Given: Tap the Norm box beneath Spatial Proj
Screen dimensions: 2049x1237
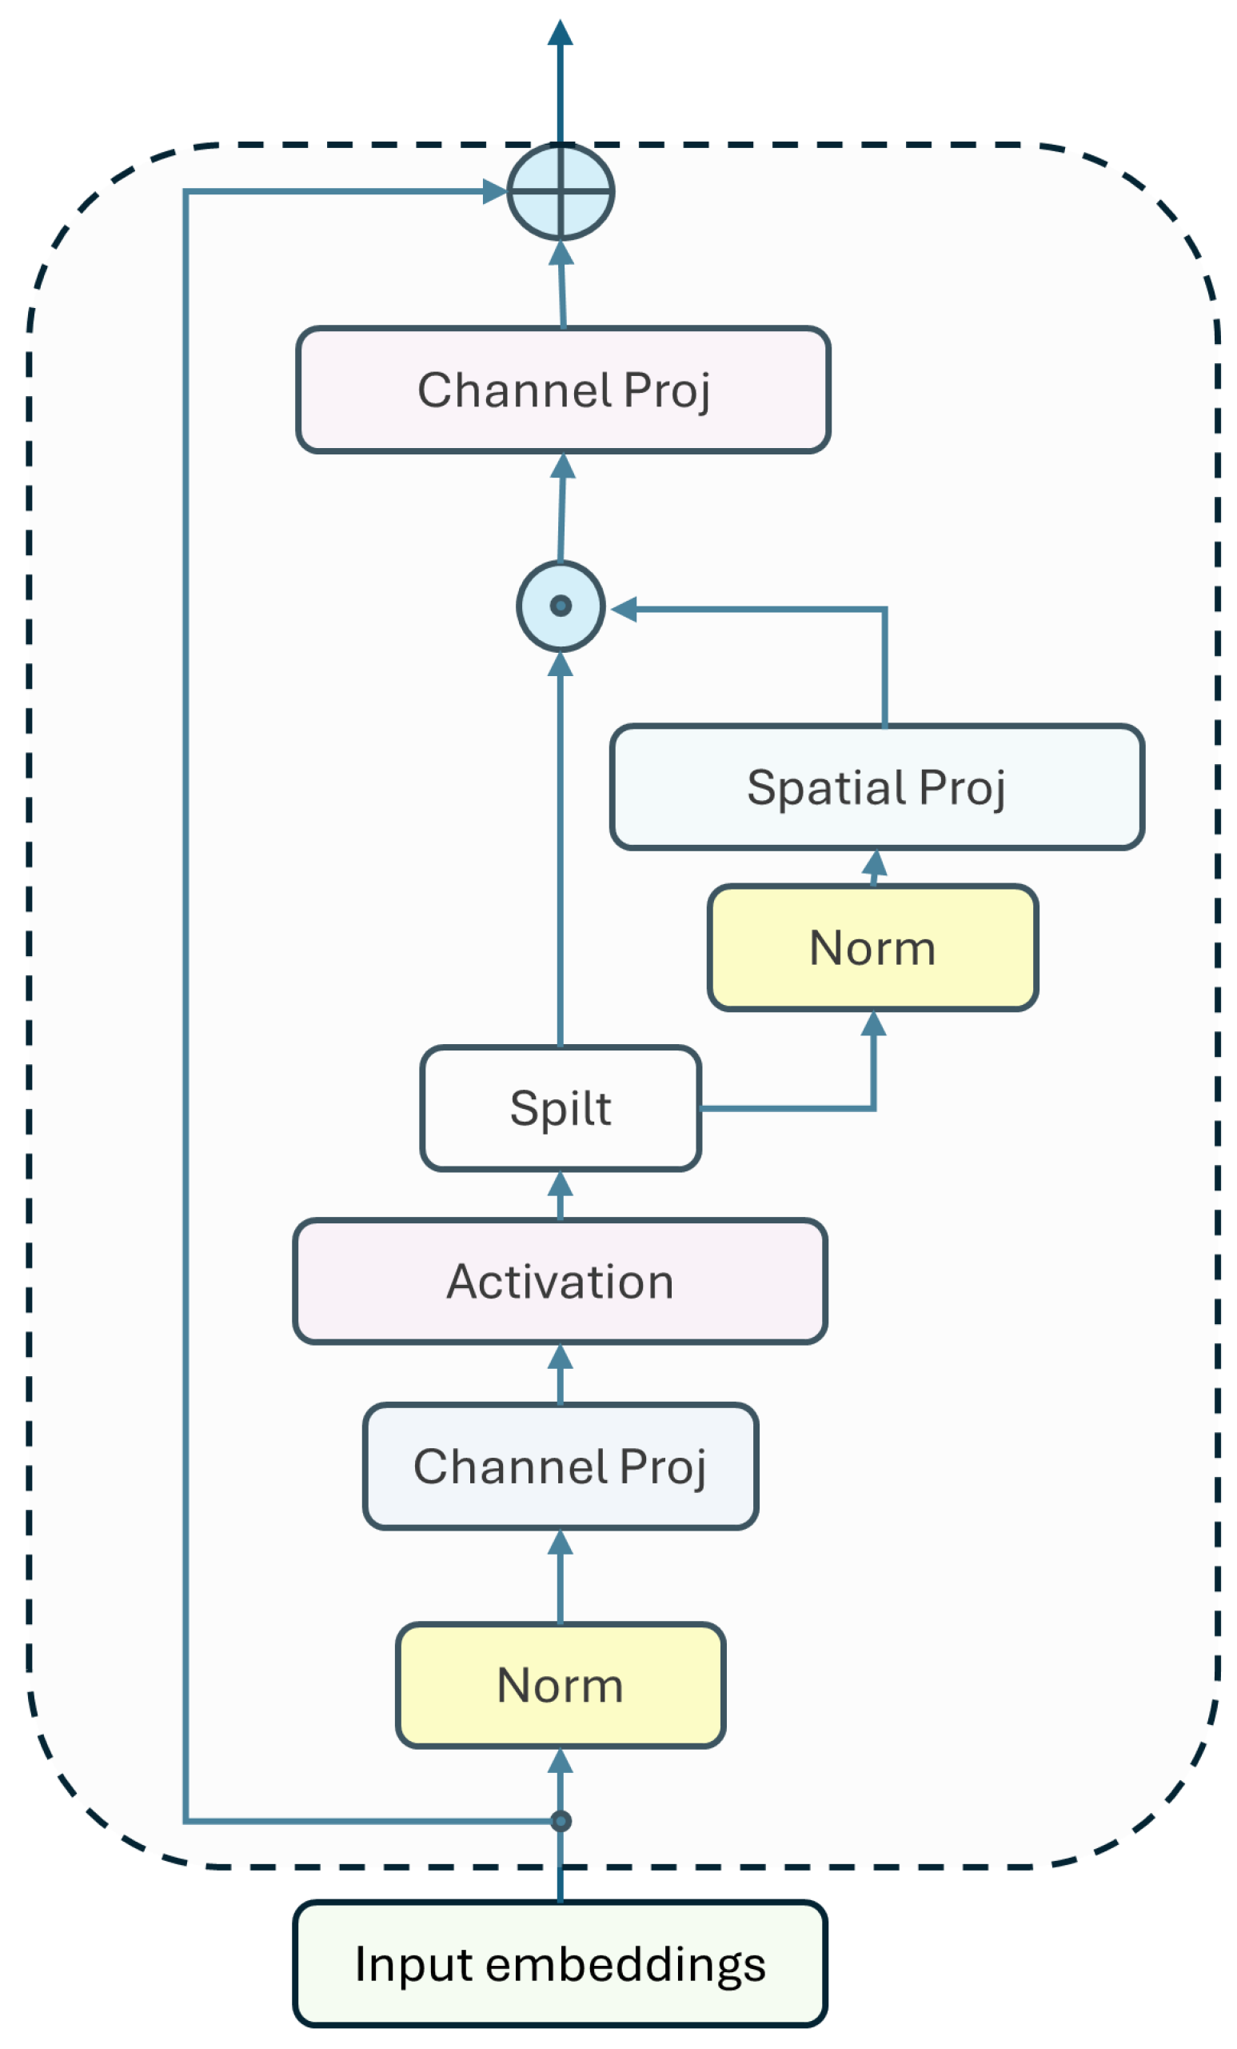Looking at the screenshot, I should tap(872, 947).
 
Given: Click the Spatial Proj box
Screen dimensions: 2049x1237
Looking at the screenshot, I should tap(876, 786).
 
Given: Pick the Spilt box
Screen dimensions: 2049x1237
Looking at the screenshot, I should tap(560, 1107).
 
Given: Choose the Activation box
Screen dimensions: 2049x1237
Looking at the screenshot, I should tap(560, 1281).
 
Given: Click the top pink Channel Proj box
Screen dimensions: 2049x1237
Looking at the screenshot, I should tap(563, 389).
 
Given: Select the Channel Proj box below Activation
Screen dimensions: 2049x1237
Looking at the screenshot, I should tap(560, 1466).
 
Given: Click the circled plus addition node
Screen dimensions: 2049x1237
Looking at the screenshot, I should tap(561, 191).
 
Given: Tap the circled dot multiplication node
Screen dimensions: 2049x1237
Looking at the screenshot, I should tap(561, 606).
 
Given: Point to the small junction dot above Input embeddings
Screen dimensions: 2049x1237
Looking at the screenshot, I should tap(561, 1822).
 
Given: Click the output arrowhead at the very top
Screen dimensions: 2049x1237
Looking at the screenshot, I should tap(560, 34).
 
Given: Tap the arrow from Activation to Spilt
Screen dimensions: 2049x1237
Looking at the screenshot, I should tap(560, 1195).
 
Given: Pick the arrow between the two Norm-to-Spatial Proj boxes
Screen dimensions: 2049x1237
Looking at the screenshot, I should tap(874, 866).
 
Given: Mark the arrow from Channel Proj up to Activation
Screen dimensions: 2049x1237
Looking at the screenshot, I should tap(560, 1373).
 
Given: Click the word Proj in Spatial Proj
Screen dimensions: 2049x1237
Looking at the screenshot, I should tap(962, 787).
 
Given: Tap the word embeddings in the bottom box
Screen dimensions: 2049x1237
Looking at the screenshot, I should tap(625, 1965).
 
